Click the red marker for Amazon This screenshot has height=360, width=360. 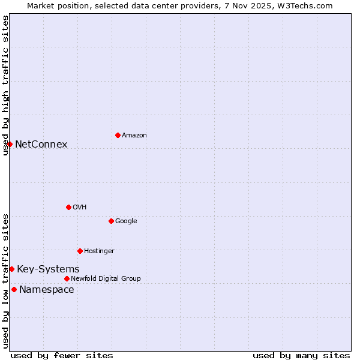pyautogui.click(x=118, y=135)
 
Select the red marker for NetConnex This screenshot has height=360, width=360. pyautogui.click(x=10, y=144)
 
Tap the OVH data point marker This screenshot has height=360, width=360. pyautogui.click(x=68, y=207)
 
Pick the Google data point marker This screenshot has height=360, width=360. pyautogui.click(x=111, y=221)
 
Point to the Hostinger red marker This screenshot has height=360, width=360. pyautogui.click(x=80, y=251)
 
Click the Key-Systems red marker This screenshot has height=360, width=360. pyautogui.click(x=11, y=269)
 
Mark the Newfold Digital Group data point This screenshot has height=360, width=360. pyautogui.click(x=67, y=278)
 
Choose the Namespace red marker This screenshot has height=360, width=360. pyautogui.click(x=14, y=289)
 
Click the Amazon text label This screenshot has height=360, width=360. pyautogui.click(x=134, y=136)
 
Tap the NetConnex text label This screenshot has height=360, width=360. pyautogui.click(x=41, y=144)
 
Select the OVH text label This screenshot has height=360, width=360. pyautogui.click(x=79, y=208)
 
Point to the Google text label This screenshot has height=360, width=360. pyautogui.click(x=126, y=221)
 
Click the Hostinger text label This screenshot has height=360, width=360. pyautogui.click(x=99, y=251)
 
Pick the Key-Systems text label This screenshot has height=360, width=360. pyautogui.click(x=48, y=269)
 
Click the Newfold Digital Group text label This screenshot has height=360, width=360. pyautogui.click(x=106, y=279)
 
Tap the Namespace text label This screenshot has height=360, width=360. pyautogui.click(x=47, y=290)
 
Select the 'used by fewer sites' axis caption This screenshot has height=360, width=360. pyautogui.click(x=62, y=355)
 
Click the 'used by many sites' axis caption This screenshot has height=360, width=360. pyautogui.click(x=301, y=355)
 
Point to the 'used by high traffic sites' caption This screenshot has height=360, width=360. pyautogui.click(x=5, y=85)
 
